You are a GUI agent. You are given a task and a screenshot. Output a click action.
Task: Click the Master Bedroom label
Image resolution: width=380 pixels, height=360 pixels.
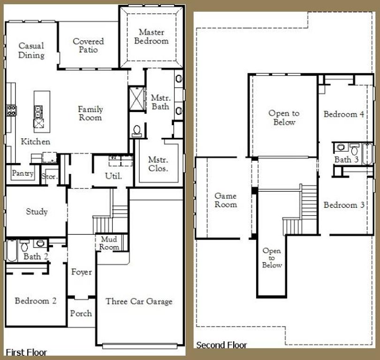click(151, 37)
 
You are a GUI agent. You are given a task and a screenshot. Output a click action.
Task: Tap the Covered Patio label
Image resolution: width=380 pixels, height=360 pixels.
click(88, 45)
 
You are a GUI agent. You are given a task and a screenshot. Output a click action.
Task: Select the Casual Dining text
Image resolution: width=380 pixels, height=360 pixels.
click(31, 50)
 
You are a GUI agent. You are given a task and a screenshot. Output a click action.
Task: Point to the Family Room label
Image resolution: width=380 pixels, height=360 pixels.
click(90, 113)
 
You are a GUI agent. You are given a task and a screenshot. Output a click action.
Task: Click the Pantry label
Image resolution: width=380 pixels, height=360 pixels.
click(23, 173)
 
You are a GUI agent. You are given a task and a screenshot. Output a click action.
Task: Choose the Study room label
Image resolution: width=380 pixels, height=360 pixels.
click(37, 211)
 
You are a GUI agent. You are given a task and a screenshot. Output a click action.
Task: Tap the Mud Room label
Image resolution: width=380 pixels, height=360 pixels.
click(109, 243)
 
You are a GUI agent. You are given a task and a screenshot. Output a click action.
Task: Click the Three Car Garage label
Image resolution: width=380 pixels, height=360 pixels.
click(139, 301)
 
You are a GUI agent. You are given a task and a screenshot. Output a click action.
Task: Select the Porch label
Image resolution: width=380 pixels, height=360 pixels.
click(81, 313)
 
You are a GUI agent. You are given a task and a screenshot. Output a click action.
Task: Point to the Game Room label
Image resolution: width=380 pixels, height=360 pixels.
click(225, 200)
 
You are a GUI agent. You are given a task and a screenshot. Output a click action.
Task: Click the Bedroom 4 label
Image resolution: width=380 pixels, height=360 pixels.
click(344, 114)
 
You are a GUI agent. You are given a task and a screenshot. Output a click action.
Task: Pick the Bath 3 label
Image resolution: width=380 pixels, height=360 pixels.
click(346, 160)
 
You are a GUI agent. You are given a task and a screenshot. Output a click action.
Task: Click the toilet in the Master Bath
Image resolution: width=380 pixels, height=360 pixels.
click(137, 130)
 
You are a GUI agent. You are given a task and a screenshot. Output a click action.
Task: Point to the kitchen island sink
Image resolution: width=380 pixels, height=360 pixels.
click(38, 112)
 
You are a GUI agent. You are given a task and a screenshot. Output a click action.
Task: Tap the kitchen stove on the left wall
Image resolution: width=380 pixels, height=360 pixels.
click(11, 110)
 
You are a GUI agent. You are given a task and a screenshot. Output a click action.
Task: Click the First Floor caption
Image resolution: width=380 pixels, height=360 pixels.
click(26, 352)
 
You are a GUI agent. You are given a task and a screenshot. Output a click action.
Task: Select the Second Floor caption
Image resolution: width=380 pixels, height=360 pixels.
click(221, 345)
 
